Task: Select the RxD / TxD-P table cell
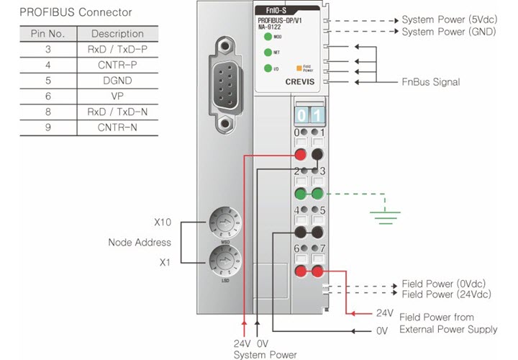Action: (117, 50)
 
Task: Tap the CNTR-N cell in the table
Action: (117, 128)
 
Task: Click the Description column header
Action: (117, 34)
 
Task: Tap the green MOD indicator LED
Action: (268, 36)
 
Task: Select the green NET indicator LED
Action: (268, 52)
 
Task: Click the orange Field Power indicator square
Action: (297, 68)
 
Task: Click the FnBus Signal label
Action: (431, 82)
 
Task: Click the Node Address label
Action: (140, 242)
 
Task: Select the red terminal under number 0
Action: (300, 155)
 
